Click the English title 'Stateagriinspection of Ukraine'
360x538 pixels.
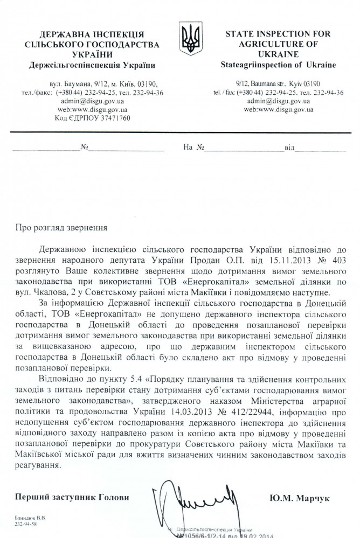point(278,65)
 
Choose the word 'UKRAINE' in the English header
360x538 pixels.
point(278,55)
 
